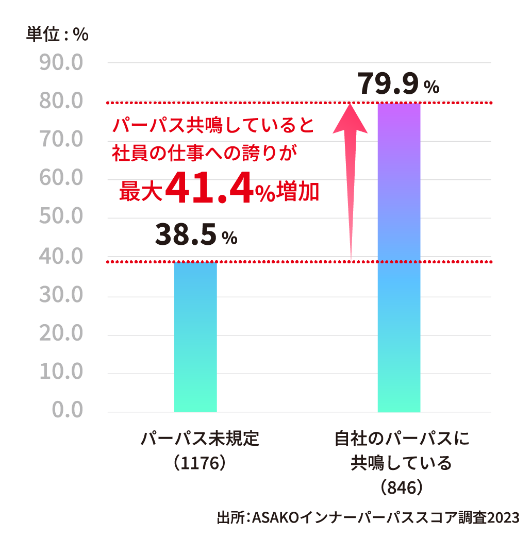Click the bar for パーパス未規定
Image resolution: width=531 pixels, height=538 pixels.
tap(195, 337)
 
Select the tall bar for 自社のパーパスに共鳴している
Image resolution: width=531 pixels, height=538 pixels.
tap(399, 258)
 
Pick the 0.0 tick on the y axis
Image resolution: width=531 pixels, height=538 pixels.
tap(67, 411)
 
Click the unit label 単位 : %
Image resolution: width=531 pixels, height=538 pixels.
tap(57, 35)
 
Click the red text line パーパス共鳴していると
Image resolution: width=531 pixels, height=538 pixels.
tap(214, 125)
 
